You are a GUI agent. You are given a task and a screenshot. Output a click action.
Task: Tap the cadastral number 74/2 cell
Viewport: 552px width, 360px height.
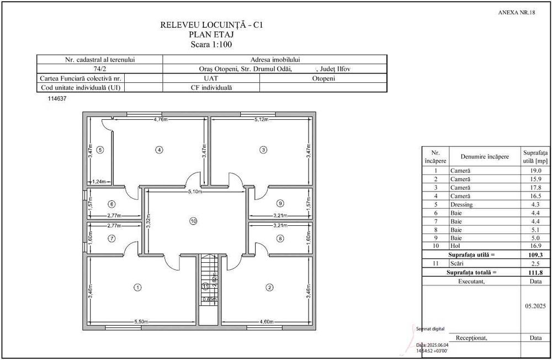pos(100,69)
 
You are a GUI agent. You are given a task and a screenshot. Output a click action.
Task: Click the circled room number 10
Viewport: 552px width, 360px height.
pos(193,221)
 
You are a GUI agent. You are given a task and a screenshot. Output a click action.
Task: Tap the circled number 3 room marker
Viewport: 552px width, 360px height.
pos(263,149)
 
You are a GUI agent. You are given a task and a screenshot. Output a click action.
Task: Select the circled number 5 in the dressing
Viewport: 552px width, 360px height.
pos(100,149)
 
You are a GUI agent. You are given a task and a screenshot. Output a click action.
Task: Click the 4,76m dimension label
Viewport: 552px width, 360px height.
pos(161,119)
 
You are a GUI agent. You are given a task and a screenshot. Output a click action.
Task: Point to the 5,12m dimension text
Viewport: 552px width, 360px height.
pos(261,119)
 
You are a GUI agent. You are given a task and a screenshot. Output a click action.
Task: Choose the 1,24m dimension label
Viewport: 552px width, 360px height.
pos(99,181)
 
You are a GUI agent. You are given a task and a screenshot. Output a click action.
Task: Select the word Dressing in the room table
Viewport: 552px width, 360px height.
pos(461,204)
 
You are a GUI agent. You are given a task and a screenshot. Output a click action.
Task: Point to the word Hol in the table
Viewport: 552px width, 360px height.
pos(455,246)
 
